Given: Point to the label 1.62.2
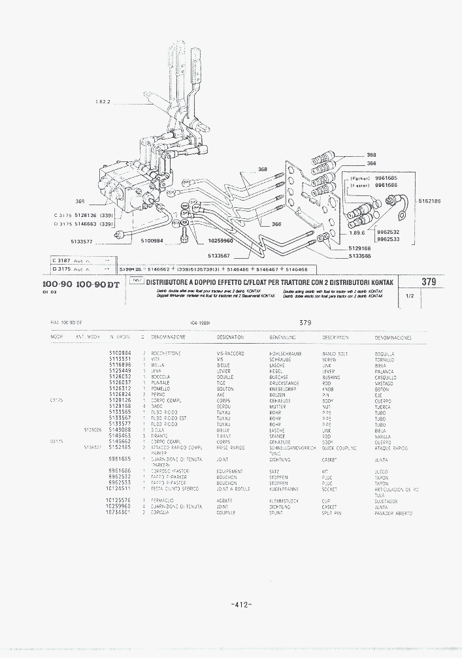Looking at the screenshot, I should (103, 102).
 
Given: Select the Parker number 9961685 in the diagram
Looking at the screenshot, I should (386, 178).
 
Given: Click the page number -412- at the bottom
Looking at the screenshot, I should (242, 604).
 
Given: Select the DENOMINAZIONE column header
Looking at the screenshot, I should (168, 337).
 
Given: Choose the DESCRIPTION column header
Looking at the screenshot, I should (335, 337).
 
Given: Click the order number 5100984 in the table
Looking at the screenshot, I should (120, 353).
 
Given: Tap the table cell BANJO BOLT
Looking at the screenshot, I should (335, 353).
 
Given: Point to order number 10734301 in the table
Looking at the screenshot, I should (118, 514).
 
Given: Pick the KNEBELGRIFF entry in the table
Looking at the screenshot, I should (283, 389).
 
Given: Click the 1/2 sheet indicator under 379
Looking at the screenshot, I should (410, 295).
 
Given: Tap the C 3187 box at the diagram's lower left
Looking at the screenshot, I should (61, 260).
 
